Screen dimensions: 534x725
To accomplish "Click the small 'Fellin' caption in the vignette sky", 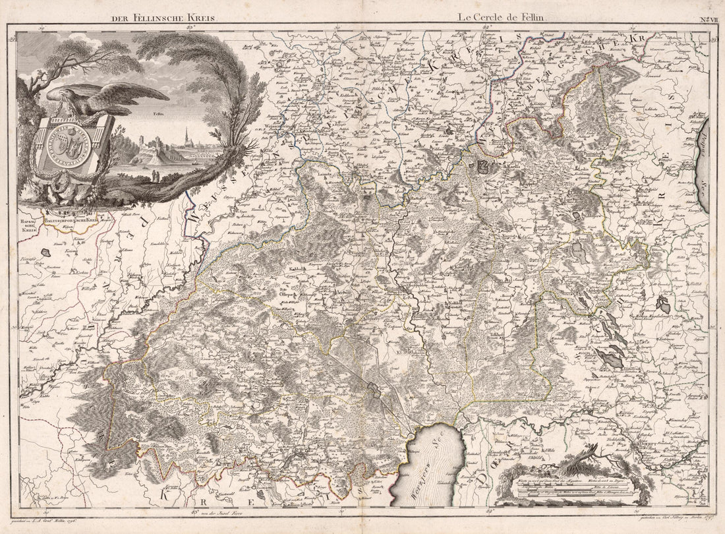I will point(157,113).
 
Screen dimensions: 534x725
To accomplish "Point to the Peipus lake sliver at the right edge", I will point(703,165).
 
